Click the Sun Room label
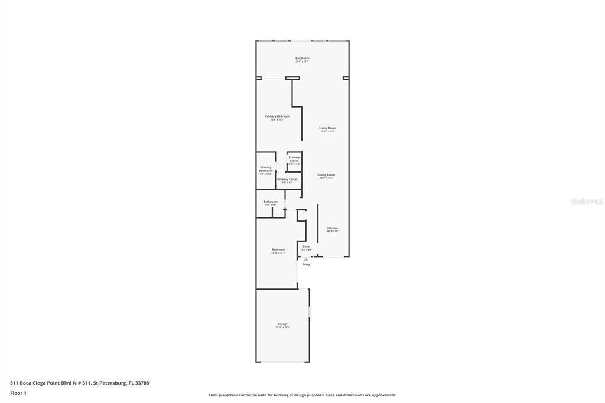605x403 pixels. click(302, 58)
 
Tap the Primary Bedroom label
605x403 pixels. click(277, 116)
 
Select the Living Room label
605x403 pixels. click(327, 128)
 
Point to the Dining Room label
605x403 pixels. click(326, 175)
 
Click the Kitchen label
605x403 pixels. click(333, 228)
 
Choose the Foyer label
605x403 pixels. click(307, 246)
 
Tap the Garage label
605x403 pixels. click(282, 324)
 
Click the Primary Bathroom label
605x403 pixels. click(265, 169)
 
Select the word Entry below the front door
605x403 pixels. click(306, 264)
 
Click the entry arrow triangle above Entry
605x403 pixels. click(306, 259)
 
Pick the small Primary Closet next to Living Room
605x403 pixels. click(294, 159)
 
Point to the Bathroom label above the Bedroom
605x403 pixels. click(270, 201)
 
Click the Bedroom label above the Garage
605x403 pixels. click(278, 249)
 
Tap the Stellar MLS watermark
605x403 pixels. click(587, 201)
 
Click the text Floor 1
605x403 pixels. click(18, 392)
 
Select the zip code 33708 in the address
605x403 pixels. click(142, 383)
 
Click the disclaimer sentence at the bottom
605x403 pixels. click(302, 395)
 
